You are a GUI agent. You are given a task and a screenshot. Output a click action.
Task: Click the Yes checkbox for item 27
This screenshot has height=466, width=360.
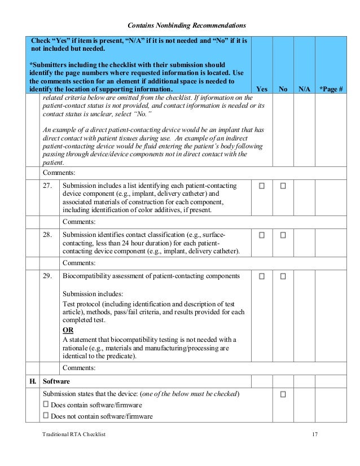tap(261, 186)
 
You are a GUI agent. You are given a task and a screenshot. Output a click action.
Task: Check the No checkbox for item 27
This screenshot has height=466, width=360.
tap(283, 186)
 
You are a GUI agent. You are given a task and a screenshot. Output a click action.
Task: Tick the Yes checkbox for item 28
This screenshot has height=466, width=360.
tap(261, 234)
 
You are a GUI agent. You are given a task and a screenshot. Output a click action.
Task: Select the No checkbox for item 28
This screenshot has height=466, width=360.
tap(283, 234)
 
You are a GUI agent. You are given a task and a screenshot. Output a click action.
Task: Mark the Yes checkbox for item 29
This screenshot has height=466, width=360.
tap(261, 276)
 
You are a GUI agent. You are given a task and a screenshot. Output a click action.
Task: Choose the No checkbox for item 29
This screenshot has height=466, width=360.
tap(283, 276)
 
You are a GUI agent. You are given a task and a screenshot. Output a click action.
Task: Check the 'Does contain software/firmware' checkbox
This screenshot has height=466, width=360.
tap(46, 405)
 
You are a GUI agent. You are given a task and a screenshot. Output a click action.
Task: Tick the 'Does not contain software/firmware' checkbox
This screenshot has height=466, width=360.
tap(46, 416)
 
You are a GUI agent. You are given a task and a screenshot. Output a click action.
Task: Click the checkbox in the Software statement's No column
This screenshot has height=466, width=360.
tap(283, 394)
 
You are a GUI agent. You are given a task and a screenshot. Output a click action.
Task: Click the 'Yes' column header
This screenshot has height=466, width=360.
tap(262, 89)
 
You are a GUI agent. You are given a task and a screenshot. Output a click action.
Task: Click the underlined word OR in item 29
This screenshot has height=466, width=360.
tap(68, 330)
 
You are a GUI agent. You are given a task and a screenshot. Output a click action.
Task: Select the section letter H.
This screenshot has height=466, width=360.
tap(33, 381)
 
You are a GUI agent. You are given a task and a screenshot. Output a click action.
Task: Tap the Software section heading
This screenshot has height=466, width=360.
tap(58, 381)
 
